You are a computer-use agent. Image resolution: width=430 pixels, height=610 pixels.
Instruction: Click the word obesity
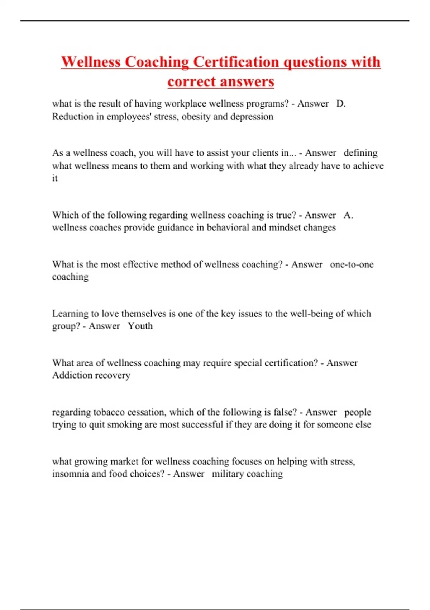pos(196,117)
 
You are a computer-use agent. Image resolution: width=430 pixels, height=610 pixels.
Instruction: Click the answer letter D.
pos(341,104)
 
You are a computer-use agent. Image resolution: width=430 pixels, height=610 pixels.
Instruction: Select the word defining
pos(360,153)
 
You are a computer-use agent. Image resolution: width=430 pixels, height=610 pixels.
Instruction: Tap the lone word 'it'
pos(55,178)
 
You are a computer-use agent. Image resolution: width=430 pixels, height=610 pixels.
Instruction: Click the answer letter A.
pos(348,215)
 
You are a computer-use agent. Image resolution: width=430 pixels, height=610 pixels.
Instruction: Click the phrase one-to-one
pos(352,264)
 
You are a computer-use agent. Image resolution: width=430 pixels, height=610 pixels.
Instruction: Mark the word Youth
pos(140,326)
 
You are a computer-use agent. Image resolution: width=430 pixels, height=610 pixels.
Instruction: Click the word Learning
pos(70,314)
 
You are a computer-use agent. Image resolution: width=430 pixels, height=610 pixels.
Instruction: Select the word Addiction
pos(70,375)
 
